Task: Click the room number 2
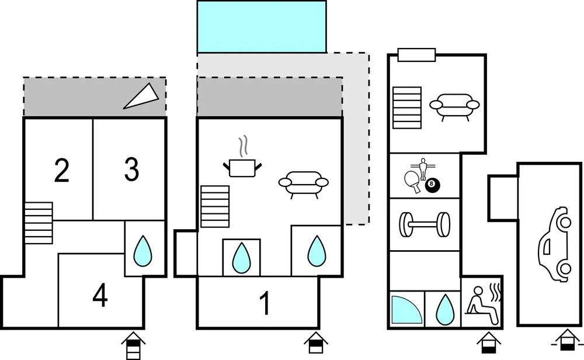[62, 170]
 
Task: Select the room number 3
[131, 169]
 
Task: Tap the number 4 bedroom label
[100, 296]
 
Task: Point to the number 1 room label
[265, 303]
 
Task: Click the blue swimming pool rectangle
[262, 26]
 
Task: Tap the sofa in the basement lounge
[454, 106]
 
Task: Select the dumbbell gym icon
[425, 224]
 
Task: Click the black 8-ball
[432, 185]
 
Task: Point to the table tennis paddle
[413, 181]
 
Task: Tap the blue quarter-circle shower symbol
[406, 309]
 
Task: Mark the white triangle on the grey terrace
[142, 96]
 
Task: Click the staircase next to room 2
[39, 223]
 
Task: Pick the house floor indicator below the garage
[567, 340]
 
